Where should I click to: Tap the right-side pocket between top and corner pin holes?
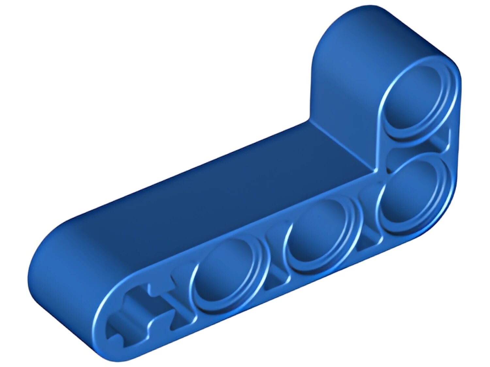pyautogui.click(x=441, y=142)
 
